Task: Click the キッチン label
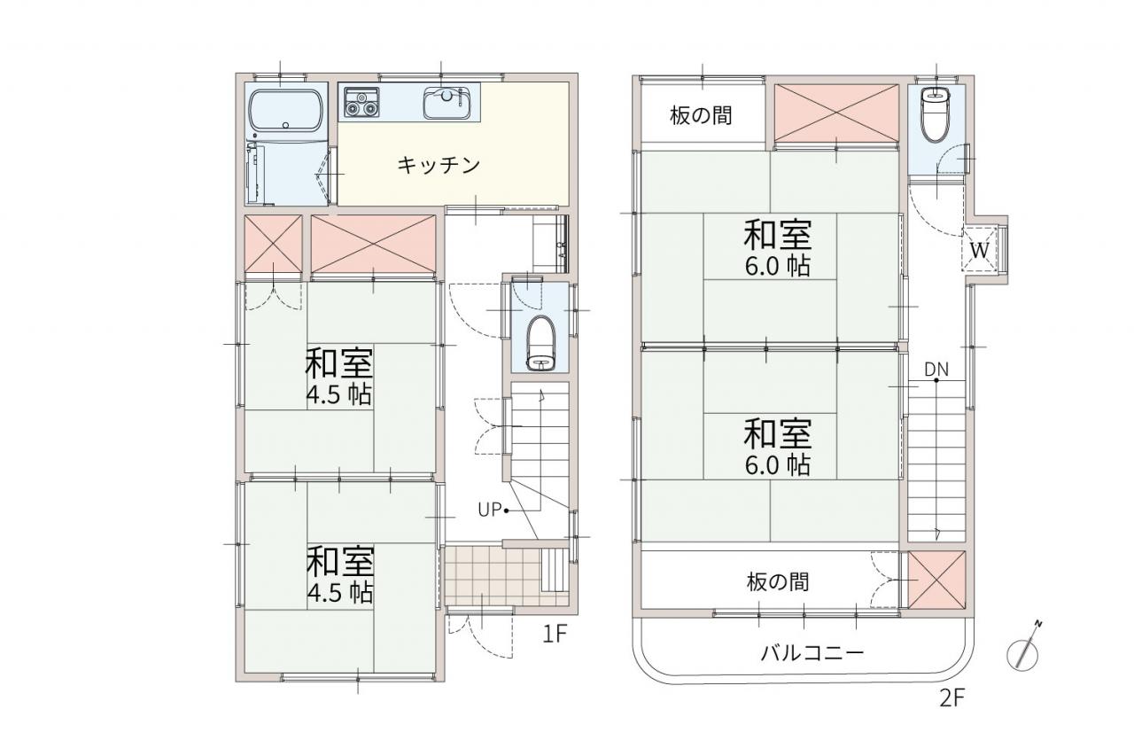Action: [439, 165]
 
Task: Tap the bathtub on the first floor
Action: [286, 112]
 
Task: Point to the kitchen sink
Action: [447, 102]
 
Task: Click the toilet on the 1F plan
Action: [540, 345]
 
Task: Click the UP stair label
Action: [490, 510]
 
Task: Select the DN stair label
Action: [936, 370]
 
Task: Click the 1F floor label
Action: [555, 634]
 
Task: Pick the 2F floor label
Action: [952, 698]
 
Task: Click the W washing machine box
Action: [980, 250]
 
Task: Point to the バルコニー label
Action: [812, 653]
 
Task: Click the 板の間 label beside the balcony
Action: [778, 582]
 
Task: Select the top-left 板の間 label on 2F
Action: [701, 115]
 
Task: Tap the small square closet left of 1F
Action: [274, 244]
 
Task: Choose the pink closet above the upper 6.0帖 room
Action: [836, 113]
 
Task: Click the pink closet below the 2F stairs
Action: [936, 580]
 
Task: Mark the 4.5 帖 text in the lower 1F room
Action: [339, 593]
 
